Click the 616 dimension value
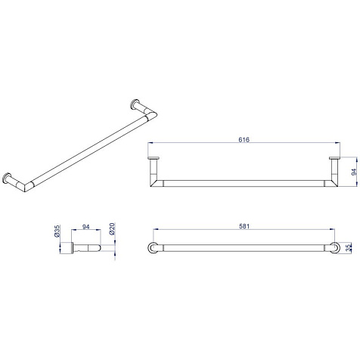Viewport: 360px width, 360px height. (x=244, y=139)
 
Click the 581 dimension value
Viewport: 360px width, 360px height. (x=244, y=226)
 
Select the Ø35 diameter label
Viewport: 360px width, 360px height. (x=57, y=231)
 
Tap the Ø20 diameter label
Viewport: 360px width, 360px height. (x=112, y=228)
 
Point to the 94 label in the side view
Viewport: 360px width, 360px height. (x=86, y=227)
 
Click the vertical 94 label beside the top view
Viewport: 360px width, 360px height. (x=354, y=172)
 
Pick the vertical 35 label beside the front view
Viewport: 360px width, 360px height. (x=349, y=248)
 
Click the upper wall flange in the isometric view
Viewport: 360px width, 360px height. (x=134, y=104)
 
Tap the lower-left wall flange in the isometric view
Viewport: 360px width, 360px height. (x=6, y=178)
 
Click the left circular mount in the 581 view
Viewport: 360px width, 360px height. (x=153, y=248)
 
